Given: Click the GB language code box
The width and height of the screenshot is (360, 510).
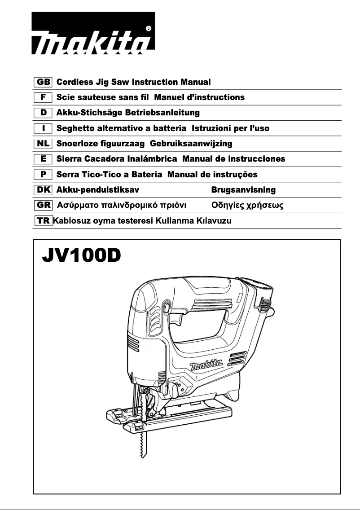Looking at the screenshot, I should click(43, 83).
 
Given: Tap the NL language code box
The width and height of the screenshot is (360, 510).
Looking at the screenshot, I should click(43, 144).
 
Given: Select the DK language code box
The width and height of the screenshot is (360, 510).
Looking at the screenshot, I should click(43, 190).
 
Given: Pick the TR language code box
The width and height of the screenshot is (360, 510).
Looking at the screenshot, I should click(43, 221).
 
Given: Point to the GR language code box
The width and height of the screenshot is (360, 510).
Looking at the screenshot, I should click(43, 206).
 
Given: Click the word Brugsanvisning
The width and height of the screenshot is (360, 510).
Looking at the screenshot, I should click(243, 190).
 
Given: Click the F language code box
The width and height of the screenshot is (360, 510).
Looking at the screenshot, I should click(43, 97).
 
